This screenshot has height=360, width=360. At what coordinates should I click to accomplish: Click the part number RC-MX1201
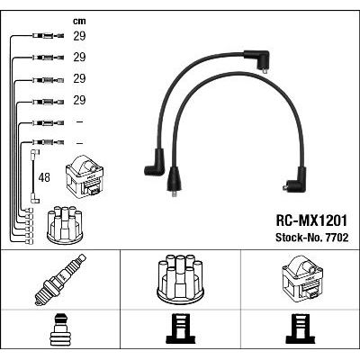311,220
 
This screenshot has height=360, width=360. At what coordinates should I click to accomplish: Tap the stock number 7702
335,238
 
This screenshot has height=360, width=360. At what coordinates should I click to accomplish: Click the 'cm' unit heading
79,21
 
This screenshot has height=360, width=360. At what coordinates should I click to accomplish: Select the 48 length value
44,177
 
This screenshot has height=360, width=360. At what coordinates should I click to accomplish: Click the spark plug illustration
60,280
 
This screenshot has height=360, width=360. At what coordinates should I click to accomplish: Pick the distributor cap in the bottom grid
180,277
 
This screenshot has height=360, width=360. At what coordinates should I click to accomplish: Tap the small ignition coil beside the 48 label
85,175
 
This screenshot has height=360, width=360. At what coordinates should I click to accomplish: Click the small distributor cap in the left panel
65,225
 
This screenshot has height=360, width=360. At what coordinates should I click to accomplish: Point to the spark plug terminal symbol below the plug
60,329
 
